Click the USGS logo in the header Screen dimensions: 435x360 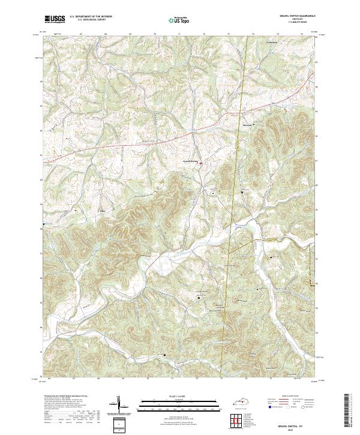(55, 19)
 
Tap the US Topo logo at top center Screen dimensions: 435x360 (180, 19)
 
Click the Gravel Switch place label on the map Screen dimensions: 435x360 (190, 161)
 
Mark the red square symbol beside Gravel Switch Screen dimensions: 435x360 (201, 164)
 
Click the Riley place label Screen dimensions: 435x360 (101, 211)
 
